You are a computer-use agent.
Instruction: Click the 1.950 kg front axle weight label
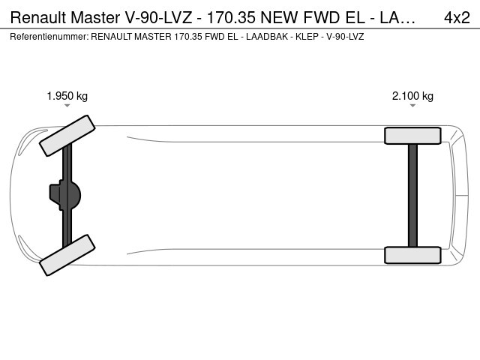tap(67, 96)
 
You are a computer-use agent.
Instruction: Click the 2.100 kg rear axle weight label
tap(412, 96)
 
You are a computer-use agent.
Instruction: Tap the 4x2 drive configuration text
tap(457, 18)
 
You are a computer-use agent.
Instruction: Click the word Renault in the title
tap(38, 18)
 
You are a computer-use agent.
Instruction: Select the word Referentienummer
tap(49, 37)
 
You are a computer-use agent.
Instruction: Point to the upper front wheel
tap(67, 136)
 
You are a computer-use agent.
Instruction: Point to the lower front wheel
tap(67, 255)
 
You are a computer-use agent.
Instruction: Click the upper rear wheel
tap(412, 136)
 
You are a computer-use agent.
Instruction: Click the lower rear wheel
tap(412, 255)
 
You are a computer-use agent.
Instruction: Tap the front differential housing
tap(65, 195)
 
